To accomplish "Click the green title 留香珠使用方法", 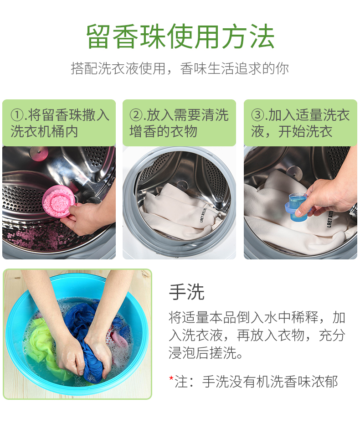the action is [180, 36].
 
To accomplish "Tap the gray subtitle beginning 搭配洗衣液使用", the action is [180, 68].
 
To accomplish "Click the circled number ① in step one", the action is [17, 115].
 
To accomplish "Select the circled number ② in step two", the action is [136, 115].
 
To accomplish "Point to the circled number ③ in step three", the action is [257, 115].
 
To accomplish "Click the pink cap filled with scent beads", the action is [58, 201].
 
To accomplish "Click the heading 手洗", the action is [187, 292].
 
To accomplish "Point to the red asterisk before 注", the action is [171, 379].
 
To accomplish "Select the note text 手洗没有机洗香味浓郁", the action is [270, 382].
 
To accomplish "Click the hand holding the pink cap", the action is [87, 216].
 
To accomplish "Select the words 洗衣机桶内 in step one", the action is [44, 132].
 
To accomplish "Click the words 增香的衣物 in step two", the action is [163, 132].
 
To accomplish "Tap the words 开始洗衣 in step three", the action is [305, 132].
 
